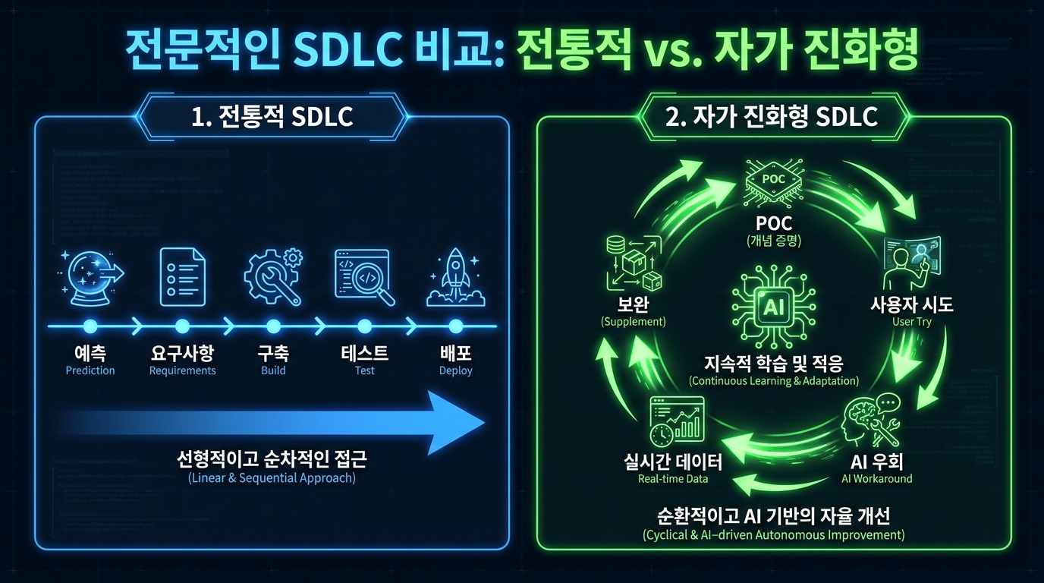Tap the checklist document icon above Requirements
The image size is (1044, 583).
[x=182, y=276]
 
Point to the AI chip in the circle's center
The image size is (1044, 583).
[x=773, y=306]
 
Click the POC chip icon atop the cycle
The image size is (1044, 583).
[x=773, y=181]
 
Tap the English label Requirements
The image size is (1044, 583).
[x=182, y=371]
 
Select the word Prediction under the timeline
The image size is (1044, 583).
[x=90, y=371]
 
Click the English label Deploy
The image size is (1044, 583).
[x=455, y=371]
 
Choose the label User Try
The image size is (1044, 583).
[x=912, y=322]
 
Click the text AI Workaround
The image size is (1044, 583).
[x=877, y=479]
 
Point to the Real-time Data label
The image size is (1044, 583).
[x=673, y=479]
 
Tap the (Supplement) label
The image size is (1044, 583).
[x=633, y=322]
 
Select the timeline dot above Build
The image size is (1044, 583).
[x=273, y=326]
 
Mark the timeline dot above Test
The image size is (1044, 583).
[x=364, y=326]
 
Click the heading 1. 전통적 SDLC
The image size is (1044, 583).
[x=272, y=117]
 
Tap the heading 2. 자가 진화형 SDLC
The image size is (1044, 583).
[x=773, y=117]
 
